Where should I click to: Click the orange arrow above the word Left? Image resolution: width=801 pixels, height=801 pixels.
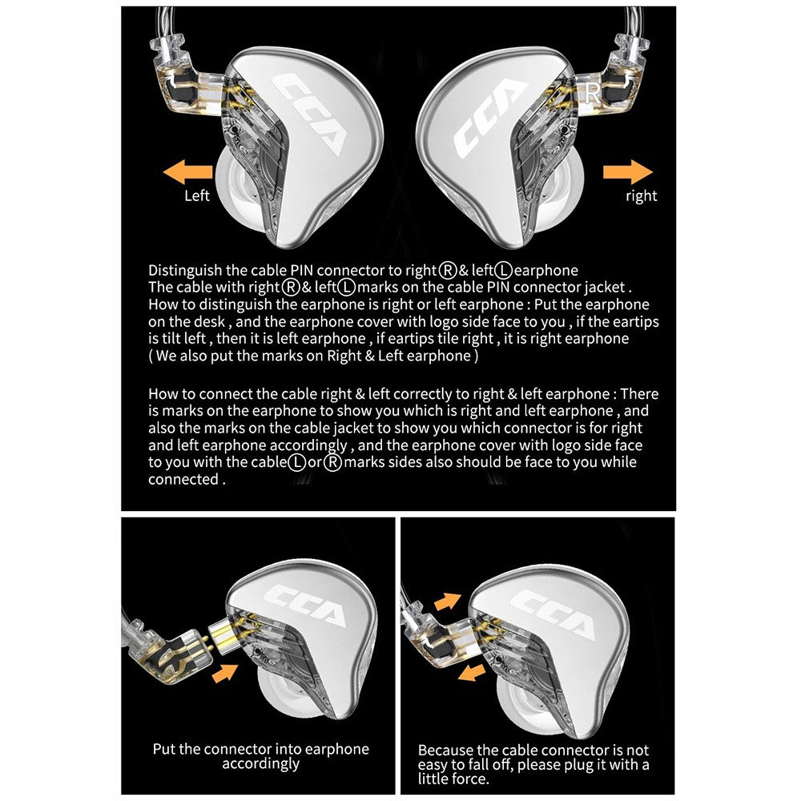[187, 172]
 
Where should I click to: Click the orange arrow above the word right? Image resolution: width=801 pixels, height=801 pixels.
[628, 171]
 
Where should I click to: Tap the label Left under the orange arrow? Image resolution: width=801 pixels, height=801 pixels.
[197, 195]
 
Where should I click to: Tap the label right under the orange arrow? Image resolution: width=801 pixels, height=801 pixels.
[641, 196]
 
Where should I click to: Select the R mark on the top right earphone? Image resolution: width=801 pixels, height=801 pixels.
[593, 94]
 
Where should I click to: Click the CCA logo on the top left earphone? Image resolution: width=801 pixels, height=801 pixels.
[308, 114]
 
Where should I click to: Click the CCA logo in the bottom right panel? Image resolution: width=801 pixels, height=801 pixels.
[552, 614]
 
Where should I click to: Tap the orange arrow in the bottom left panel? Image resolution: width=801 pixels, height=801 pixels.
[225, 673]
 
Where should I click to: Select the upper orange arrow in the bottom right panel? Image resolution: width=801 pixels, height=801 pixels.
[448, 602]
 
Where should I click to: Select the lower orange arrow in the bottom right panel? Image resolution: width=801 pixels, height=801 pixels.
[472, 673]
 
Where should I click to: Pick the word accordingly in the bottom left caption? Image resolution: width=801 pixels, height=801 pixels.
[260, 764]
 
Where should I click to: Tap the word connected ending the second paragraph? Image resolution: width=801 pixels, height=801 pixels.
[183, 479]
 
